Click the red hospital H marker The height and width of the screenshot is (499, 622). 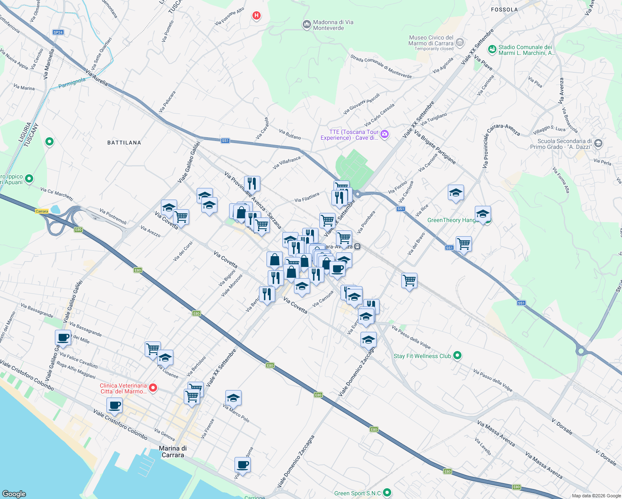point(257,16)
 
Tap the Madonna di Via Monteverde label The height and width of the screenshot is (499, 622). point(333,25)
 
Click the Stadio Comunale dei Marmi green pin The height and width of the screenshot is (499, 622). point(492,50)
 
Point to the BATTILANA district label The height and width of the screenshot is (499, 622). point(124,143)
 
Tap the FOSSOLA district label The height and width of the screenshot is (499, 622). point(504,10)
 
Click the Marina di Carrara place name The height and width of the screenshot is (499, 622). point(173,452)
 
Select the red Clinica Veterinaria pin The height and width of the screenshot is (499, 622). point(153,388)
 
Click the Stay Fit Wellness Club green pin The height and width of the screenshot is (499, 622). point(457,356)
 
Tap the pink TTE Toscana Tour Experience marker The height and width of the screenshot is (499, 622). point(385,134)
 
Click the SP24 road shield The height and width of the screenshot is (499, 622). point(58,32)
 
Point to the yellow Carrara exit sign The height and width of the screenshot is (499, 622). point(42,211)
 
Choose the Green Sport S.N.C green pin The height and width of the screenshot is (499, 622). point(387,493)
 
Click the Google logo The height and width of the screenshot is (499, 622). point(14,494)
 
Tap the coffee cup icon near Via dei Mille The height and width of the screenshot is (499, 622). point(63,338)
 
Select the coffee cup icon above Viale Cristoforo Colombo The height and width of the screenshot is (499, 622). point(114,405)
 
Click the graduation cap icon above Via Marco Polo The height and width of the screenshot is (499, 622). point(233,398)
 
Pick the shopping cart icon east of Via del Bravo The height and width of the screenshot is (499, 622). point(463,244)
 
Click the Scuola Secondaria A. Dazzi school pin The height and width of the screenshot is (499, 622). point(598,143)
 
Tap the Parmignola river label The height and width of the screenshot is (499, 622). point(72,82)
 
